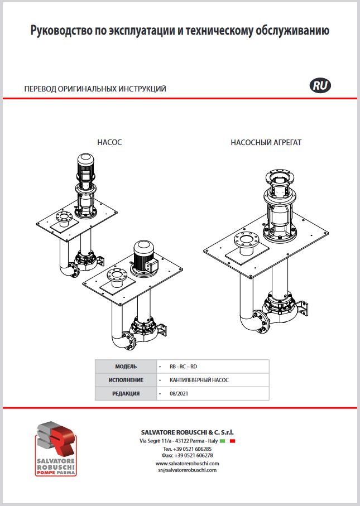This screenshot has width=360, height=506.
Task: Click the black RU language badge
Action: [320, 86]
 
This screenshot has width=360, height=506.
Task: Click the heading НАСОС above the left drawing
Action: [109, 143]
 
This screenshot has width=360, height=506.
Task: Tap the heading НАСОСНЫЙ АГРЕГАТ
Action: [266, 143]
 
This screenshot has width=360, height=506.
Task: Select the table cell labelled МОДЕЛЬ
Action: [126, 367]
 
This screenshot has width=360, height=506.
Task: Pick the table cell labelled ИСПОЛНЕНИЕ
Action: [126, 380]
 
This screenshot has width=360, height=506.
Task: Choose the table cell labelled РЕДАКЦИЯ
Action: [126, 393]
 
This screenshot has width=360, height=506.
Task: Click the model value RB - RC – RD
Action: [183, 367]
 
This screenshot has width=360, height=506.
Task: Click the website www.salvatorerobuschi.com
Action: [186, 463]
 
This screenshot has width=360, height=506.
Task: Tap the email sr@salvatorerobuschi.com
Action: [186, 470]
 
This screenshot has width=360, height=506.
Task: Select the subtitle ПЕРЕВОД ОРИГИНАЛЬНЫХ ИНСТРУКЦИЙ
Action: [95, 89]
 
